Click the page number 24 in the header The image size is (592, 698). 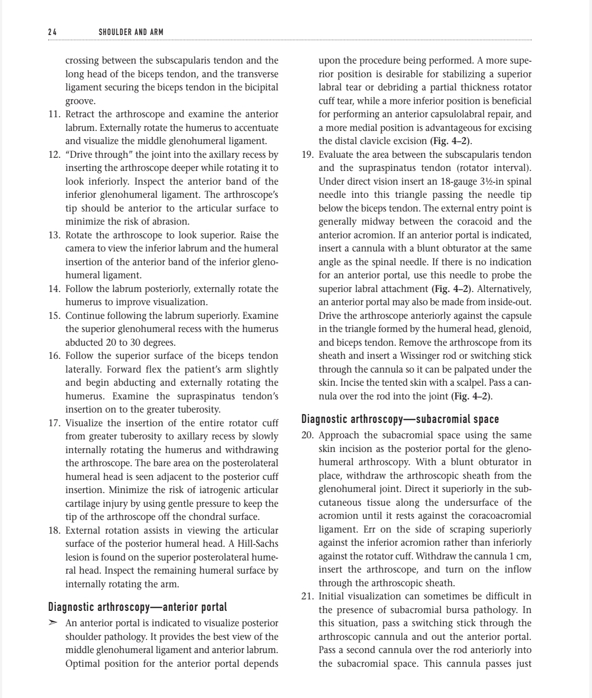coord(52,32)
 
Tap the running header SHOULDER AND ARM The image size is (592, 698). coord(131,32)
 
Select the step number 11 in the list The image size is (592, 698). coord(54,115)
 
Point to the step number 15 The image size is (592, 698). coord(54,316)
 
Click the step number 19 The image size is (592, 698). coord(308,155)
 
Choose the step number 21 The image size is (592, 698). coord(308,596)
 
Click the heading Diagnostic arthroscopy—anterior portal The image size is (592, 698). coord(138,607)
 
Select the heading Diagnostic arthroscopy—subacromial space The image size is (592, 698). coord(400,419)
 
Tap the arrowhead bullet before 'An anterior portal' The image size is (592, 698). coord(53,623)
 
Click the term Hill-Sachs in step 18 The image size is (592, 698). coord(257,544)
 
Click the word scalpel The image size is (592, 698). coord(448,383)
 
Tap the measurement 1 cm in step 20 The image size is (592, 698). coord(522,556)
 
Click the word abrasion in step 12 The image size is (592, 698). coord(171,222)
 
